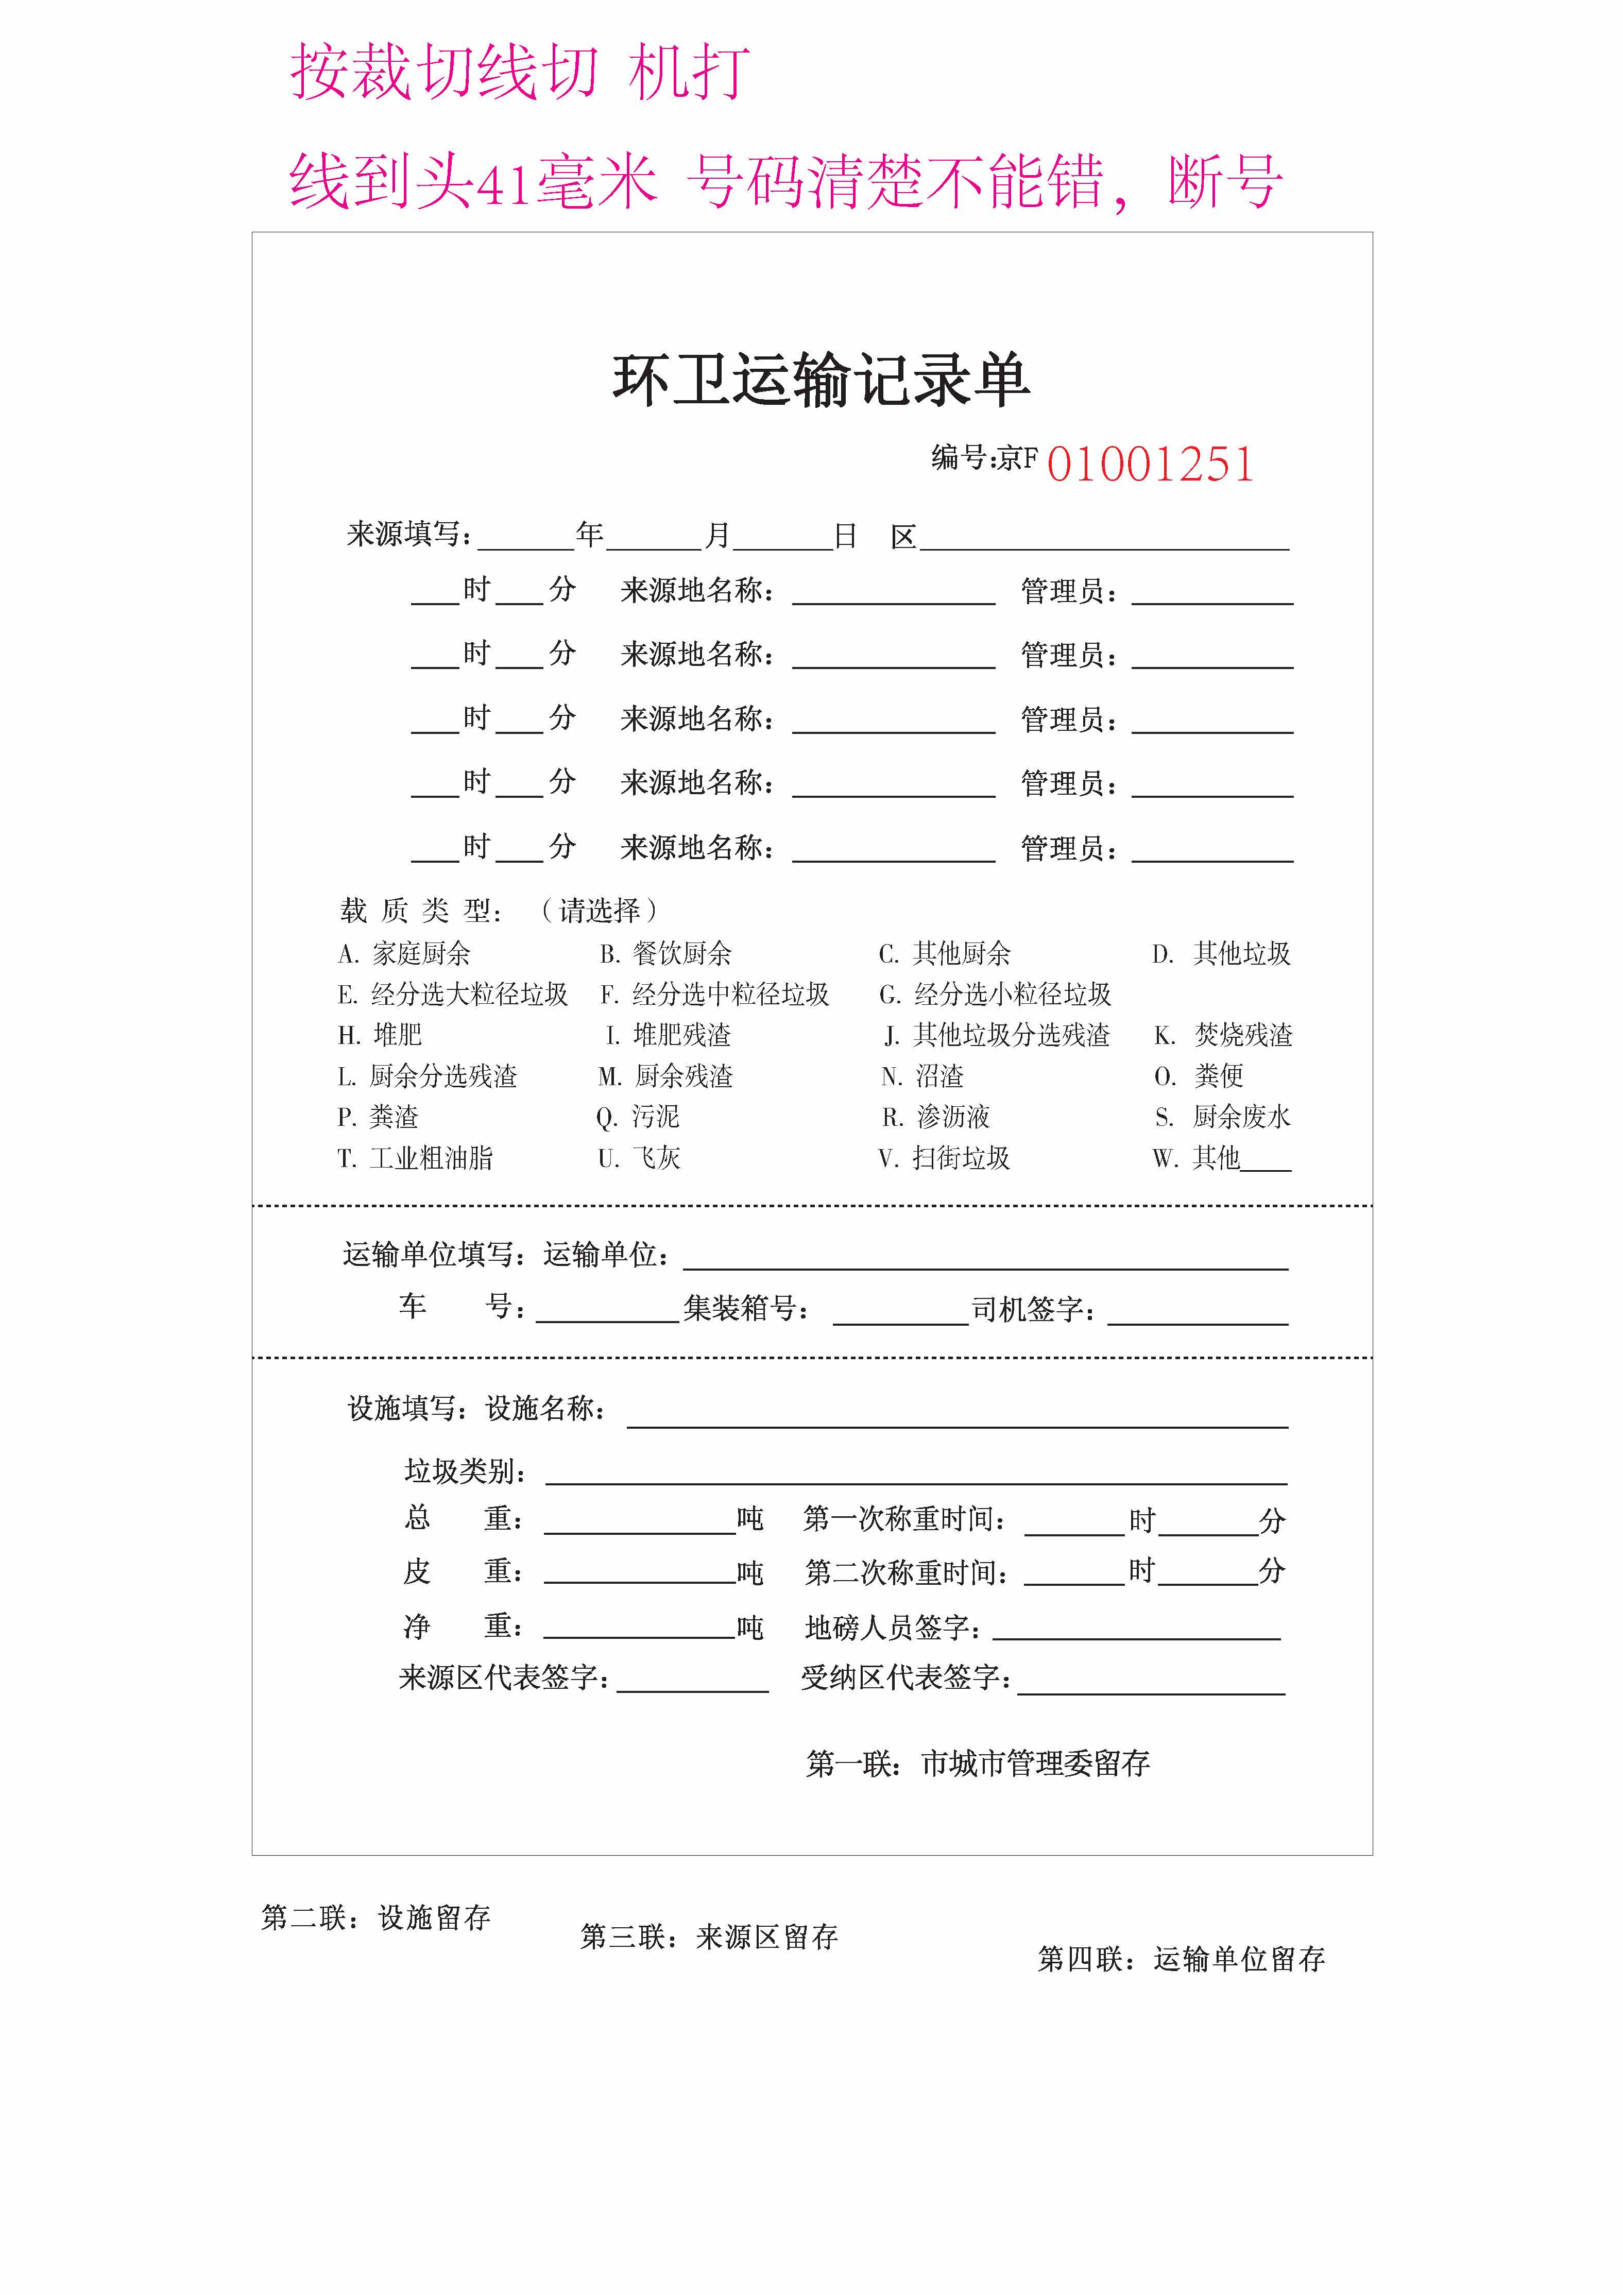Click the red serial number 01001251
pos(1150,465)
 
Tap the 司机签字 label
pos(1032,1308)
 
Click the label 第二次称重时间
pos(906,1572)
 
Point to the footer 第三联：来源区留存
pos(709,1937)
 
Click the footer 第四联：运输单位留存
pos(1181,1959)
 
